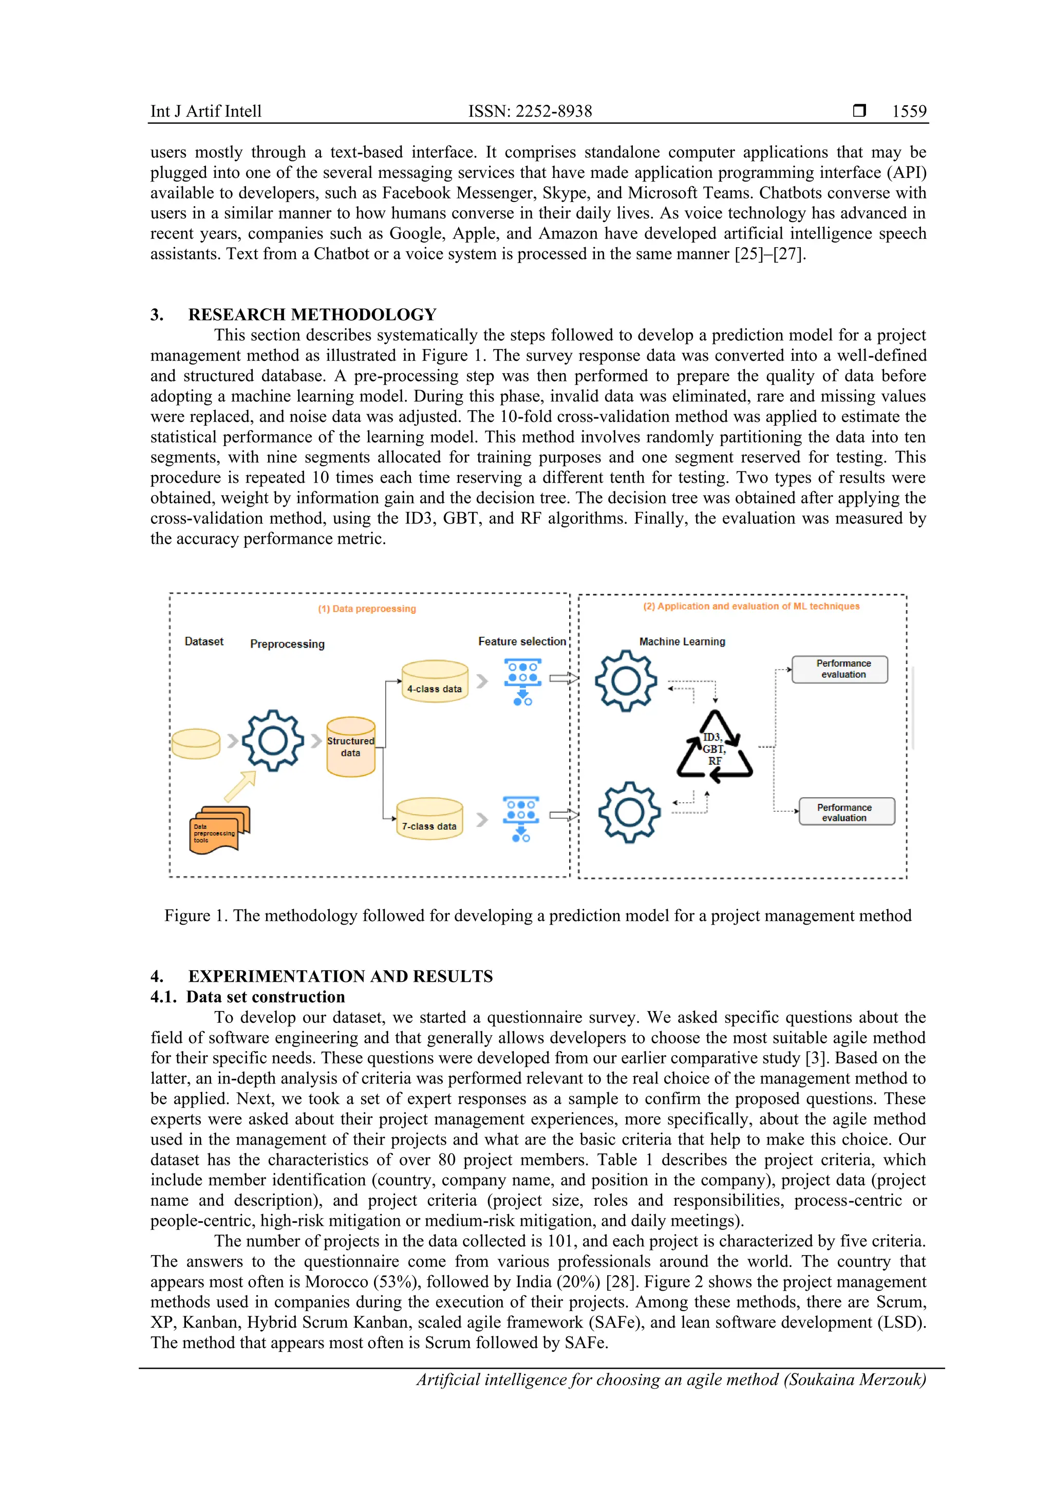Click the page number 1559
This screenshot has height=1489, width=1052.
pos(909,111)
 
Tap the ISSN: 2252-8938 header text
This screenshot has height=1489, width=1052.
pos(530,111)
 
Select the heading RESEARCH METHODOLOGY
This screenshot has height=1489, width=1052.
pos(312,315)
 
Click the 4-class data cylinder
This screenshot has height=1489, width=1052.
pos(434,681)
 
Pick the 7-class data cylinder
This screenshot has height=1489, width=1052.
pos(429,819)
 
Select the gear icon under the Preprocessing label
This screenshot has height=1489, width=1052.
pos(273,741)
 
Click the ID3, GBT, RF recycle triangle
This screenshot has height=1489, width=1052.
pos(715,747)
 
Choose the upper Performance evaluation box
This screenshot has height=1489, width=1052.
pos(839,669)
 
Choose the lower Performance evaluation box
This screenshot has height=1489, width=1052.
pos(846,811)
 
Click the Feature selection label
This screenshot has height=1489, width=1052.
pos(522,641)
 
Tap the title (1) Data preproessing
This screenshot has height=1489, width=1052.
pos(367,609)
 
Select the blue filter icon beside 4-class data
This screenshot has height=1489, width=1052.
pos(522,682)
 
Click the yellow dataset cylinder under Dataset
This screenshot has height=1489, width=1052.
pos(196,743)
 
